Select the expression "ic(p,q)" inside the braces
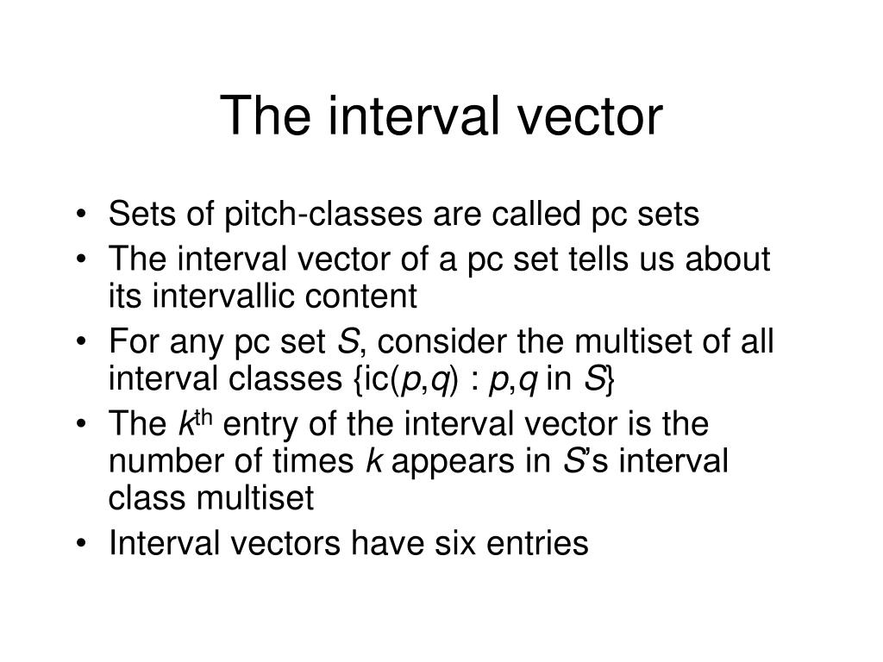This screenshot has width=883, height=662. click(x=404, y=380)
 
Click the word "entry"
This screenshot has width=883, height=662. click(x=258, y=424)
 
